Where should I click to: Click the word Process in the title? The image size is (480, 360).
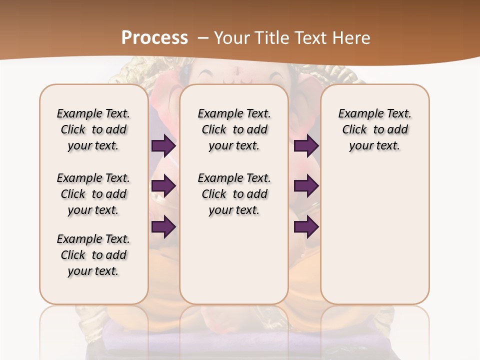click(x=154, y=37)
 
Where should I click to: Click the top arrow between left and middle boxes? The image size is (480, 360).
click(x=163, y=145)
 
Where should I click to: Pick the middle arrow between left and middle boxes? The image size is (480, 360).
click(x=163, y=186)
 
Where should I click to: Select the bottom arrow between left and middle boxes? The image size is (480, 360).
click(x=163, y=227)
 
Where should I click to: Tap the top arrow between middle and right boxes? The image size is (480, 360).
click(x=306, y=145)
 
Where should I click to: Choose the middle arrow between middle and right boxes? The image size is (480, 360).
click(x=306, y=186)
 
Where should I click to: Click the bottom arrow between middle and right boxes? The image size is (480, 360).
click(x=306, y=227)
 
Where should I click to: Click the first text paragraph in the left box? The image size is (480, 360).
click(x=93, y=129)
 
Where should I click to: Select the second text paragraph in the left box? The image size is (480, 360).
click(x=93, y=194)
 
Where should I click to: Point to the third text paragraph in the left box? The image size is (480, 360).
click(x=93, y=255)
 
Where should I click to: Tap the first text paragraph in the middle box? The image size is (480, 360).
click(x=234, y=129)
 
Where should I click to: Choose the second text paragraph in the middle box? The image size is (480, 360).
click(x=234, y=194)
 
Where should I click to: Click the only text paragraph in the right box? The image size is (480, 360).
click(x=374, y=129)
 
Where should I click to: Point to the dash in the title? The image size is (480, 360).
click(x=203, y=38)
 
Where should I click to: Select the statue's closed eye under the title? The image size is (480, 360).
click(x=207, y=75)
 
